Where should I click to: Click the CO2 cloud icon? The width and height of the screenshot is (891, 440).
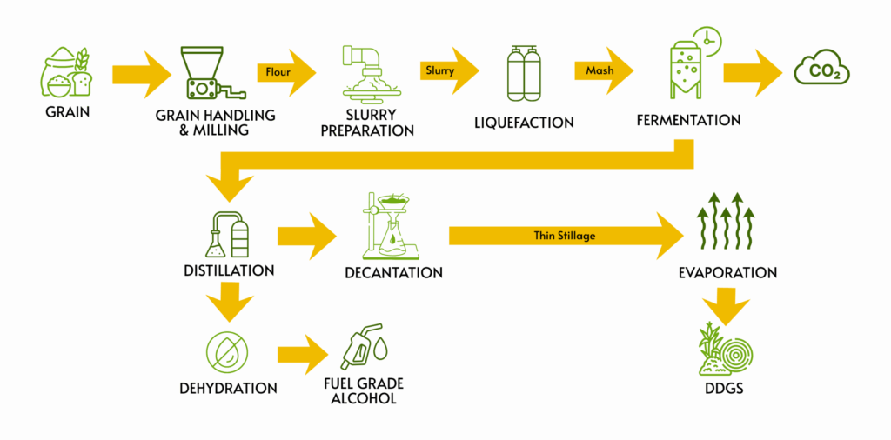coord(822,69)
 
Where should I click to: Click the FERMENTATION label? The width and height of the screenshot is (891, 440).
coord(687,120)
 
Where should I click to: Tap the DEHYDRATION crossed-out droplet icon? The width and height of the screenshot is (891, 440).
coord(227,352)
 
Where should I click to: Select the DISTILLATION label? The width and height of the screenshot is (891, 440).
coord(229,270)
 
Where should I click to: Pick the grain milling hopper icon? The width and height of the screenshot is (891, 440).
coord(209,74)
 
